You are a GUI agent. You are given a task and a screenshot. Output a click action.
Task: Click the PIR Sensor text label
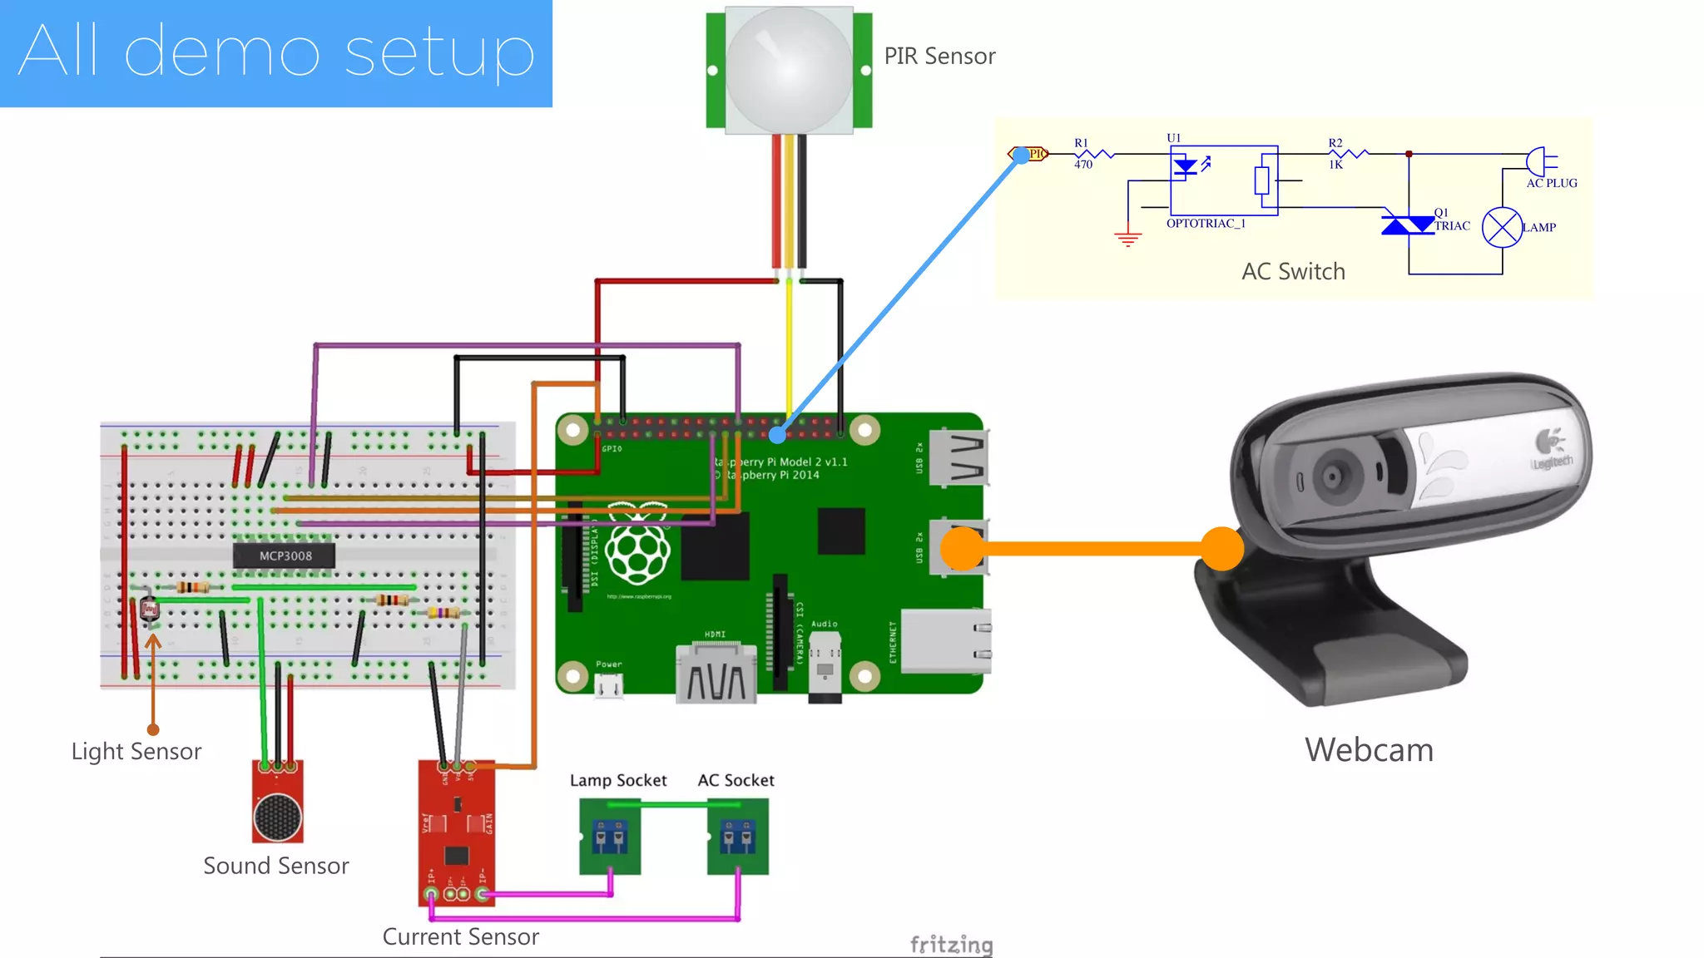coord(939,57)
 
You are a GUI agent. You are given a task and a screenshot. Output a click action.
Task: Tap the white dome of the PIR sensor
coord(788,68)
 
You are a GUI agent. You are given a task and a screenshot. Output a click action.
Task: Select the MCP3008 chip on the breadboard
coord(285,556)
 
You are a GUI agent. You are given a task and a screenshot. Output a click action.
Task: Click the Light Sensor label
coord(136,752)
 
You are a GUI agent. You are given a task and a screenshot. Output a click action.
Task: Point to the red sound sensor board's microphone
coord(277,817)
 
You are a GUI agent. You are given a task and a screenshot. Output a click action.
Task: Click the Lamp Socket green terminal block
coord(610,837)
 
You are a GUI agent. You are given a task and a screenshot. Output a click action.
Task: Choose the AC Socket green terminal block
coord(737,837)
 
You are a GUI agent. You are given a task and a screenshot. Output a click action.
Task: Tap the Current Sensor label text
coord(460,937)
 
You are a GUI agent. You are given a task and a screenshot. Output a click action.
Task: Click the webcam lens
coord(1334,477)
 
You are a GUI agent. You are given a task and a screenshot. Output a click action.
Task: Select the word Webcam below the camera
coord(1369,750)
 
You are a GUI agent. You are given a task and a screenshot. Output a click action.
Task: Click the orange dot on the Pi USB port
coord(962,549)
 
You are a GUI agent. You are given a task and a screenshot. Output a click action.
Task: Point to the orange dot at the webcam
coord(1222,549)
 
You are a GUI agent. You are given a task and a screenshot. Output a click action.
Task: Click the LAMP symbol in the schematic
coord(1502,228)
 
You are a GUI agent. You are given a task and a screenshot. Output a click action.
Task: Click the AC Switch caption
coord(1293,272)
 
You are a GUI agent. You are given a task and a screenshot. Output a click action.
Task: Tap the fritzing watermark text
coord(951,945)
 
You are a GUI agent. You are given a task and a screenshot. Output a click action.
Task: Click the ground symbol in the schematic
coord(1127,239)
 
